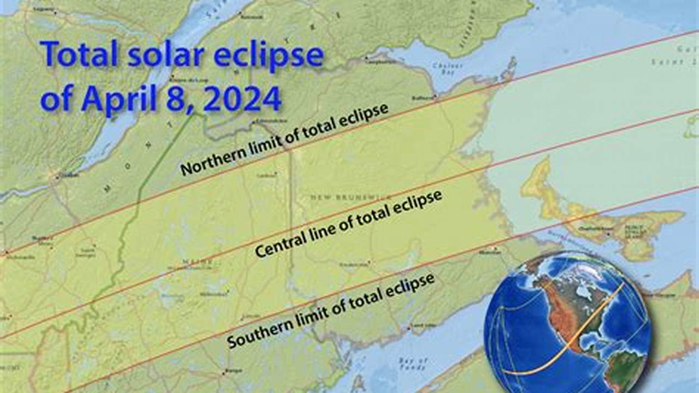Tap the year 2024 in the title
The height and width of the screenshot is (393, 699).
tap(243, 99)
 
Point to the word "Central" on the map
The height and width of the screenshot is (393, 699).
tap(287, 245)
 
